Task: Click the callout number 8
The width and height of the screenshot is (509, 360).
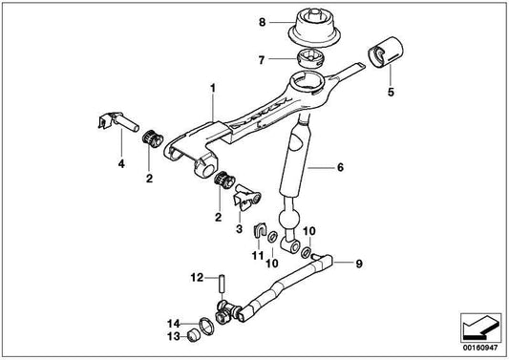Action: [x=263, y=22]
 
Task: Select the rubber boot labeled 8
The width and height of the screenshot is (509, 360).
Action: [x=314, y=28]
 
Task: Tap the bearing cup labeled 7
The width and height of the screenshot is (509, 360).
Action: [x=311, y=58]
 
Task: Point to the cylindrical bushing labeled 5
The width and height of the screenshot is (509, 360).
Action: [x=386, y=53]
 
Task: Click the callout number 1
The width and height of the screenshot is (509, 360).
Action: [x=213, y=88]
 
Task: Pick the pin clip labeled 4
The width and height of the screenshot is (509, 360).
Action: [x=117, y=121]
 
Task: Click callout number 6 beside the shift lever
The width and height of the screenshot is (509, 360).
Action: [x=340, y=167]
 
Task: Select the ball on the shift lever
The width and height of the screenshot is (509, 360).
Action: [x=289, y=219]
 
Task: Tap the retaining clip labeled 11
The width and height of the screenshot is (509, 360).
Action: [x=260, y=230]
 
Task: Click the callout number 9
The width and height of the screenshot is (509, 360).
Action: [x=359, y=264]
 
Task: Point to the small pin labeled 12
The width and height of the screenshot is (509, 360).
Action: [x=222, y=284]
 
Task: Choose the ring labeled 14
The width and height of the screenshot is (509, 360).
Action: [x=206, y=326]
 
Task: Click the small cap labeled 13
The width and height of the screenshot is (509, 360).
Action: [x=194, y=335]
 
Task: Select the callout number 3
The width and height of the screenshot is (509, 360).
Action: [x=240, y=229]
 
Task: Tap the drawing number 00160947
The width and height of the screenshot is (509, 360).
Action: [x=480, y=348]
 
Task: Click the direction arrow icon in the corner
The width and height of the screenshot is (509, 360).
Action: [x=480, y=328]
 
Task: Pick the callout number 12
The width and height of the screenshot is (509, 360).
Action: [x=197, y=278]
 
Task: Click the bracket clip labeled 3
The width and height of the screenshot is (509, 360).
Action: [x=247, y=197]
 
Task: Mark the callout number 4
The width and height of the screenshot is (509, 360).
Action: [x=121, y=164]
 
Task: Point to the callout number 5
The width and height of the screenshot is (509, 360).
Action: [x=391, y=93]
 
